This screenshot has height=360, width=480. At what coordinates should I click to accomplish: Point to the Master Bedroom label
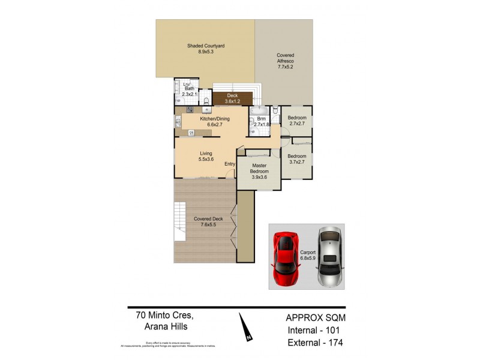pos(259,171)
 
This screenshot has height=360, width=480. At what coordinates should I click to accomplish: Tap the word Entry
pos(230,164)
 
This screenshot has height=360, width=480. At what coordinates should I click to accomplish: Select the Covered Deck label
pos(208,221)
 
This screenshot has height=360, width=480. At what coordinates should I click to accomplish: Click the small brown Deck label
pos(232,99)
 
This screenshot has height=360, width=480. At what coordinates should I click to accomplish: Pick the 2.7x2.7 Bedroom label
pos(297,120)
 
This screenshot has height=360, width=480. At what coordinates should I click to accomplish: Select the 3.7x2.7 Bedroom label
pos(297,158)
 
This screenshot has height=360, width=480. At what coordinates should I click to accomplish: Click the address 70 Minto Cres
pos(160,314)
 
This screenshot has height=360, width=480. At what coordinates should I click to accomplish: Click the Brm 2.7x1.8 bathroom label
pos(261,122)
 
